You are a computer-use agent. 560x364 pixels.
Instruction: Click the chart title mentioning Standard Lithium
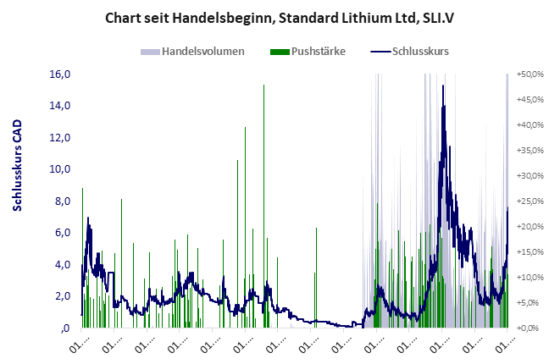279,16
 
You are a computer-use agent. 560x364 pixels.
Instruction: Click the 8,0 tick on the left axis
61,201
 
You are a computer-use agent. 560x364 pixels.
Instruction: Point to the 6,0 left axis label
61,233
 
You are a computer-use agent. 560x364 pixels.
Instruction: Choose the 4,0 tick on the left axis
61,264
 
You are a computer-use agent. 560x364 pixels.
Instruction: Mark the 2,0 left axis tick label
61,296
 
